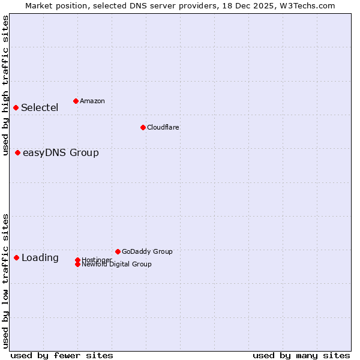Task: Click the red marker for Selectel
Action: [x=16, y=107]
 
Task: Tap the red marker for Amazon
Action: [x=76, y=101]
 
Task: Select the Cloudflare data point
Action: [x=143, y=127]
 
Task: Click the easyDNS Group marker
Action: [x=18, y=152]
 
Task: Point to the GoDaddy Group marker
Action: [x=118, y=251]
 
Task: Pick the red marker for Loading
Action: [x=17, y=257]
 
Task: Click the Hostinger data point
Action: [x=78, y=260]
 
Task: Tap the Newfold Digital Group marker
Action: [x=78, y=264]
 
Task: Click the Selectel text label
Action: [x=40, y=108]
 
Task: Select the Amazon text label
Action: [x=92, y=101]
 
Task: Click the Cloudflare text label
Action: [x=163, y=127]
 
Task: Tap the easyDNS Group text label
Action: [x=61, y=153]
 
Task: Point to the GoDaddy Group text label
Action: [x=147, y=251]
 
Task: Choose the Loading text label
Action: [x=40, y=258]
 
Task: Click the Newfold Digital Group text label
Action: [x=117, y=265]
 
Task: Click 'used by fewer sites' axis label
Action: [x=62, y=355]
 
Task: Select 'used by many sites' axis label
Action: [x=301, y=355]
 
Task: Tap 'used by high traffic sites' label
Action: [x=6, y=86]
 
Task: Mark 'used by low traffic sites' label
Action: [x=6, y=280]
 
